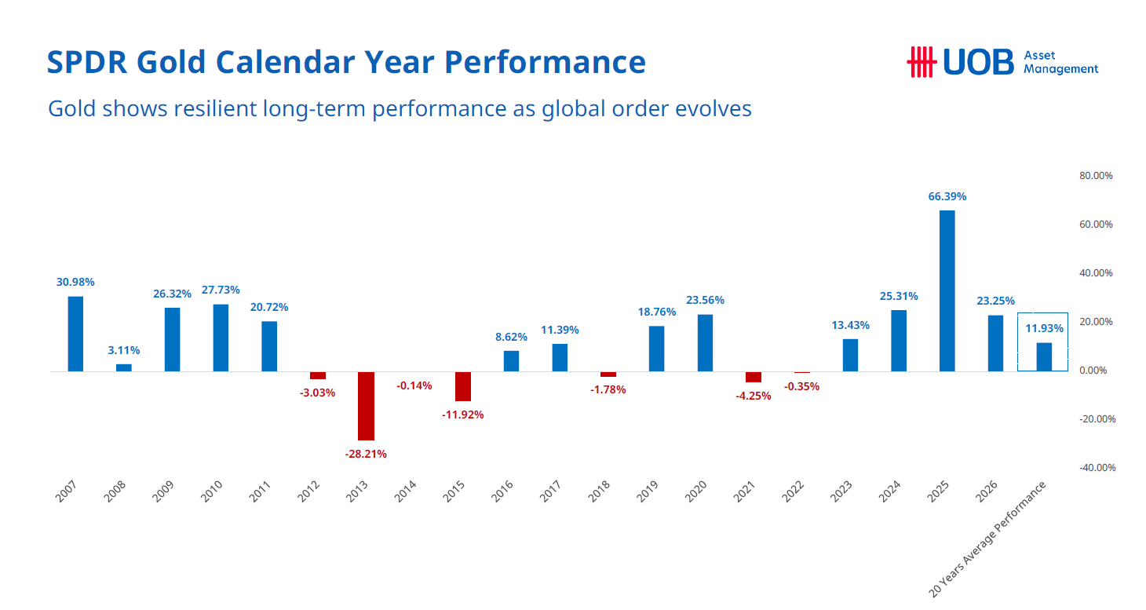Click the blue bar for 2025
click(x=947, y=290)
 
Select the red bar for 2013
click(x=366, y=405)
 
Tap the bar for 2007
click(x=75, y=334)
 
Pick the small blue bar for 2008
click(x=124, y=367)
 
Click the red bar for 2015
click(x=463, y=386)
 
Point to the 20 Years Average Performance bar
click(x=1044, y=356)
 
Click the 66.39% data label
click(x=947, y=197)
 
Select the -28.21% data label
click(x=366, y=454)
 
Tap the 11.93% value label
click(x=1044, y=328)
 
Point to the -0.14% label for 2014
click(x=414, y=385)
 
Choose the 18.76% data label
click(x=657, y=312)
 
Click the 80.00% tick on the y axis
click(x=1097, y=176)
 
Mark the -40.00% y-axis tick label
click(x=1096, y=468)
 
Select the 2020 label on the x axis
click(x=695, y=491)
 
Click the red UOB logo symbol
click(x=922, y=62)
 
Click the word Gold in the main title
click(x=175, y=62)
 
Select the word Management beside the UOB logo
click(x=1061, y=69)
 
